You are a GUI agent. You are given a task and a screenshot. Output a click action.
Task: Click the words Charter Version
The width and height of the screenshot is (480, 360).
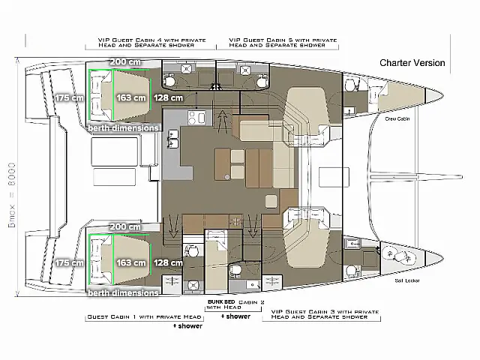pyautogui.click(x=412, y=63)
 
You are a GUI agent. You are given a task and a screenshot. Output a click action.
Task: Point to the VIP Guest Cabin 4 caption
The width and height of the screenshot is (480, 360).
pyautogui.click(x=145, y=42)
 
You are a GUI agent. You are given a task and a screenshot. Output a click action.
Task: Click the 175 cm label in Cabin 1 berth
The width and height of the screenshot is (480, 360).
pyautogui.click(x=69, y=262)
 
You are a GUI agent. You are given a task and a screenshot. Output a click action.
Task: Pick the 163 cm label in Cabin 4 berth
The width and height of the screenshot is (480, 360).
pyautogui.click(x=131, y=97)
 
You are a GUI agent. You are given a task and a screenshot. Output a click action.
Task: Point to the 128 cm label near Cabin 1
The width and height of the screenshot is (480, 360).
pyautogui.click(x=168, y=262)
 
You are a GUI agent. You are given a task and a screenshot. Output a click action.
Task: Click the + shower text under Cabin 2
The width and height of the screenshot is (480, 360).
pyautogui.click(x=235, y=316)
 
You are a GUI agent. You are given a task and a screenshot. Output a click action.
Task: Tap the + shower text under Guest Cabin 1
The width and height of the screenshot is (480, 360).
pyautogui.click(x=184, y=327)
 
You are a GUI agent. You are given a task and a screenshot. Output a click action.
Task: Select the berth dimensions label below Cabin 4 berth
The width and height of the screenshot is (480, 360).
pyautogui.click(x=124, y=127)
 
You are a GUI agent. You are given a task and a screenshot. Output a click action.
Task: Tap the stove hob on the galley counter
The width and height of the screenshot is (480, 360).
pyautogui.click(x=172, y=117)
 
